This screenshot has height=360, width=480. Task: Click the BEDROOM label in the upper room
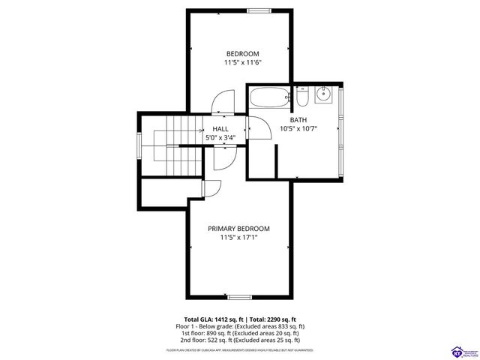[242, 53]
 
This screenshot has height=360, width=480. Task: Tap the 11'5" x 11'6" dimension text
[242, 63]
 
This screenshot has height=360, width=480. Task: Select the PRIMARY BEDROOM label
[239, 228]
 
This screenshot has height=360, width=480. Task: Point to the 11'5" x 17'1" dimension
[239, 238]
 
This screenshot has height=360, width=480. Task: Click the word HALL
[220, 128]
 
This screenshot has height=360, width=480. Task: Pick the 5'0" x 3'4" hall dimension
[220, 138]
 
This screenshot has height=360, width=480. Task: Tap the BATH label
[298, 120]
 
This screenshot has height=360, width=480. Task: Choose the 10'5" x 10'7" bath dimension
[298, 130]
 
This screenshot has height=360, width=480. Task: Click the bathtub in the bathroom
[268, 98]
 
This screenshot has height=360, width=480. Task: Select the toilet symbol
[301, 97]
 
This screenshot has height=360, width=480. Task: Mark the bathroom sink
[324, 95]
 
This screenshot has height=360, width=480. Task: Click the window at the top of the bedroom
[259, 10]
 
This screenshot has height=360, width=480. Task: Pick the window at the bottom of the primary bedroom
[240, 297]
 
